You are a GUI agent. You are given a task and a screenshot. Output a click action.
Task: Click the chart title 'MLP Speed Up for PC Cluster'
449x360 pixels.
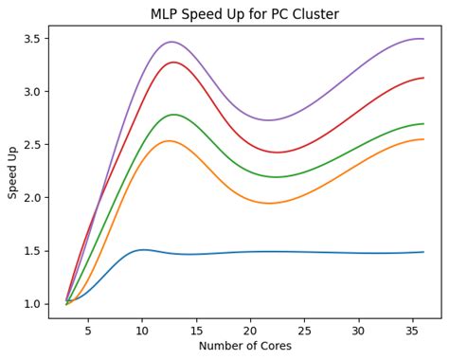[244, 14]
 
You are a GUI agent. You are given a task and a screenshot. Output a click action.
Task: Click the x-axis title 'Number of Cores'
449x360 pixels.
[244, 346]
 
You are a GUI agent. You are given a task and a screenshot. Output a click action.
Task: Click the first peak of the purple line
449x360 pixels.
[171, 42]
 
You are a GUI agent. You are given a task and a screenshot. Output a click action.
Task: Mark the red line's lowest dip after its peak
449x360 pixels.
[277, 153]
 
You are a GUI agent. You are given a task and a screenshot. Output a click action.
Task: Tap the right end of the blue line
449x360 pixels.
[422, 252]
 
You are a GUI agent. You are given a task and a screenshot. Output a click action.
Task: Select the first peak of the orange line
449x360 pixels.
[169, 141]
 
